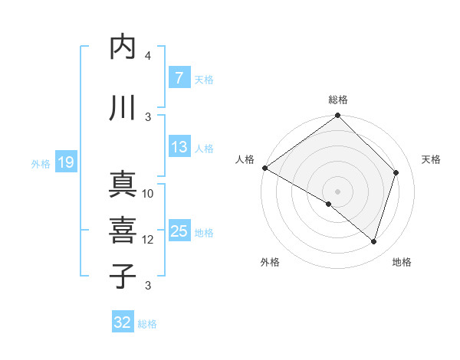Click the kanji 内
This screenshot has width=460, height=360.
coord(123,47)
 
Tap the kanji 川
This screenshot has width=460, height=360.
coord(123,108)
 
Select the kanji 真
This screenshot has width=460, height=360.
coord(123,185)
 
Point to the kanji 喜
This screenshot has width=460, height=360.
coord(123,229)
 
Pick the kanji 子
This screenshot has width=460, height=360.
coord(123,275)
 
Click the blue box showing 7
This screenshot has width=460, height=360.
coord(179,78)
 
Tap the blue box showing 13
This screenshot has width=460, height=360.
coord(179,148)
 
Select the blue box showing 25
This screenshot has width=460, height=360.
coord(179,232)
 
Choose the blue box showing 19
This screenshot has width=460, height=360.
coord(65,162)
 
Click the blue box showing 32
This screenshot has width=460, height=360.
coord(123,322)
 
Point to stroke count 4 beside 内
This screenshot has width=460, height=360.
coord(148,56)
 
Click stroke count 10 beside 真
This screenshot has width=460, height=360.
coord(148,194)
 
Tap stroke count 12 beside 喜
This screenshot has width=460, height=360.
coord(148,240)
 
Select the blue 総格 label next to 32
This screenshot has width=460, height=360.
coord(148,324)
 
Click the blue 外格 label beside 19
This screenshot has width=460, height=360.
coord(41,163)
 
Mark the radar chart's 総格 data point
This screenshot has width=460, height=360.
coord(337,116)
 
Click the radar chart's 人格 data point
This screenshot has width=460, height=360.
coord(264,168)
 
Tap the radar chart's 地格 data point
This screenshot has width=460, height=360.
coord(373,242)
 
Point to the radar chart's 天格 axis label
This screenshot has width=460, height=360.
coord(431,159)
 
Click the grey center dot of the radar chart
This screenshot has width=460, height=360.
coord(337,191)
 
